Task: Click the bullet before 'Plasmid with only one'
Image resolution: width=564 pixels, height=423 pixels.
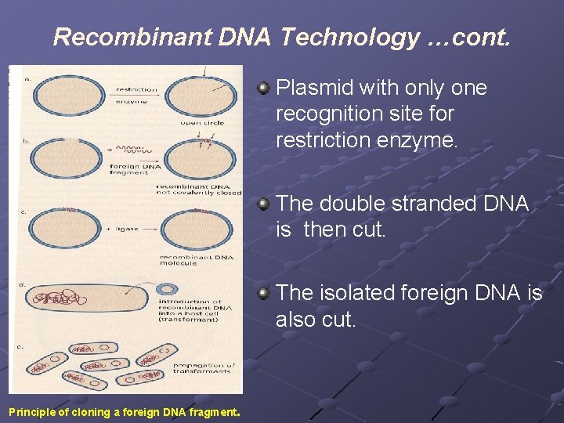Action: pyautogui.click(x=265, y=88)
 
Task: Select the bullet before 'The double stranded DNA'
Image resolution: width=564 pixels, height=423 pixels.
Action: pyautogui.click(x=265, y=204)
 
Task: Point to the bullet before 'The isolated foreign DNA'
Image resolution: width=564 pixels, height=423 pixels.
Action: pyautogui.click(x=265, y=293)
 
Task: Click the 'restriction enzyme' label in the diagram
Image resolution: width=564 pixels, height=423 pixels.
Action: pyautogui.click(x=136, y=95)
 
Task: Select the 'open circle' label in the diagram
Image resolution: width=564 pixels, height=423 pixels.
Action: pyautogui.click(x=201, y=123)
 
